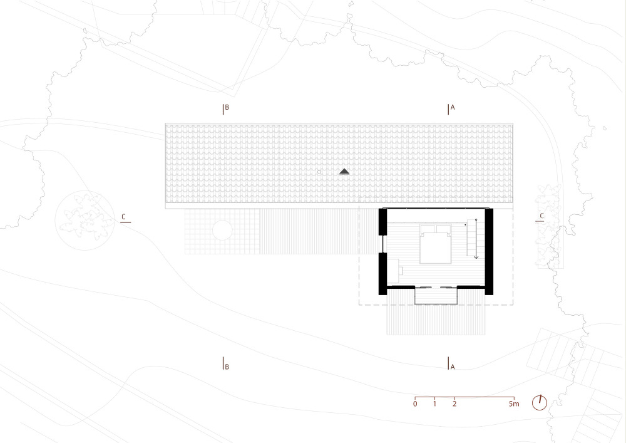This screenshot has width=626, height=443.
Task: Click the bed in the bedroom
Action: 436,244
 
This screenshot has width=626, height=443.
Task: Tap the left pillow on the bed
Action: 428,229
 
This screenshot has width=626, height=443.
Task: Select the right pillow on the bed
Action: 444,229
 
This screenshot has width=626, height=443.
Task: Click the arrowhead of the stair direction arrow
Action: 476,257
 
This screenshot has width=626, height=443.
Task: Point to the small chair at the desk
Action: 401,271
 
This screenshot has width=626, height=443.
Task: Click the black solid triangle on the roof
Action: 344,172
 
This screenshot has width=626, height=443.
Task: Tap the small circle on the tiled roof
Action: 319,172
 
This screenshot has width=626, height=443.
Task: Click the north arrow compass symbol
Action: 540,402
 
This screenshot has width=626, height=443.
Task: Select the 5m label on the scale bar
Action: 514,404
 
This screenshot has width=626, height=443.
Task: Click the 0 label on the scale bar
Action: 415,404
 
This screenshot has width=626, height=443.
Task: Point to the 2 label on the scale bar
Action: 454,404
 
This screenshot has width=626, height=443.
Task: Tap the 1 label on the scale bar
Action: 435,404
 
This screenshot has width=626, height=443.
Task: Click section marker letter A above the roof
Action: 453,107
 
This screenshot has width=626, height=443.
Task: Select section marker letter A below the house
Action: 453,367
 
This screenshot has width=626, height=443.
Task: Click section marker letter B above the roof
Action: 227,107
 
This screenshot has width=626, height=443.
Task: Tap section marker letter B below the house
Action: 227,367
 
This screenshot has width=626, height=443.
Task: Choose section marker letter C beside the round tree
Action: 123,217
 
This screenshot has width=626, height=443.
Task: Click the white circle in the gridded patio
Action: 222,230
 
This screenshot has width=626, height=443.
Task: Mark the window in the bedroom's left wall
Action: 382,244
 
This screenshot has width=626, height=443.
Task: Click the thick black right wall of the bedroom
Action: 489,252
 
